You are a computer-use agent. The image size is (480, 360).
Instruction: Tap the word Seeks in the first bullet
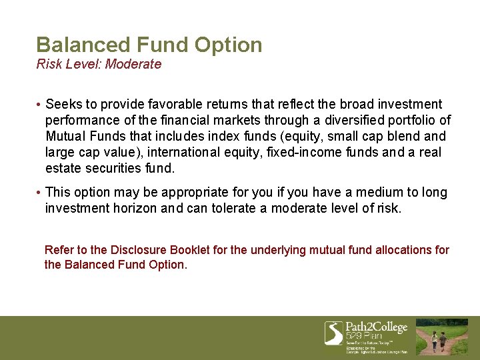pos(63,104)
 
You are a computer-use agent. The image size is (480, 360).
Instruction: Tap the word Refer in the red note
pos(58,250)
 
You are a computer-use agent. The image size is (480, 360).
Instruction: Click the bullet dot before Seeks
pos(39,105)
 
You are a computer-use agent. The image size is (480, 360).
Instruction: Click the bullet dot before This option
pos(39,193)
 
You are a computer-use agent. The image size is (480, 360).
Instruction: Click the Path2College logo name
pos(376,327)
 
